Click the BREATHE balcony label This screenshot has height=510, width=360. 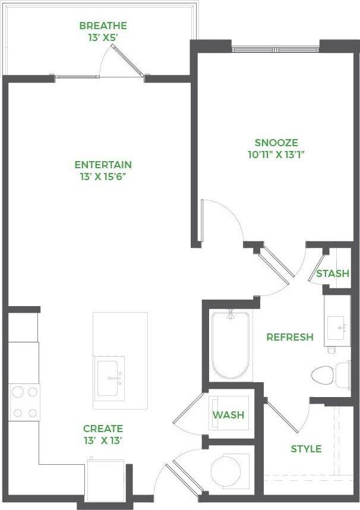coord(103,26)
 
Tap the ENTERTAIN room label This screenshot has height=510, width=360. coord(103,165)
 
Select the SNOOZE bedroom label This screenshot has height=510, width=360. coord(276,143)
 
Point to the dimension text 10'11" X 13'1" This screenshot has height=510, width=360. coord(276,155)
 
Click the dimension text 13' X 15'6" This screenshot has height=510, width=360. coord(103,177)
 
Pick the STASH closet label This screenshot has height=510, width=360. coord(332,274)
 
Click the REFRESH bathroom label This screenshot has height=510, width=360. coord(289,337)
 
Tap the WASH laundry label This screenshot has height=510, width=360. coord(229,414)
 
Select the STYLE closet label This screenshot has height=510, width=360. coord(306,449)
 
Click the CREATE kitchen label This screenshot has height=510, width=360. coord(103,429)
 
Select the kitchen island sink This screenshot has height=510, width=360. coord(110,378)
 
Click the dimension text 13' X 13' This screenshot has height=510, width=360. coord(103,440)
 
